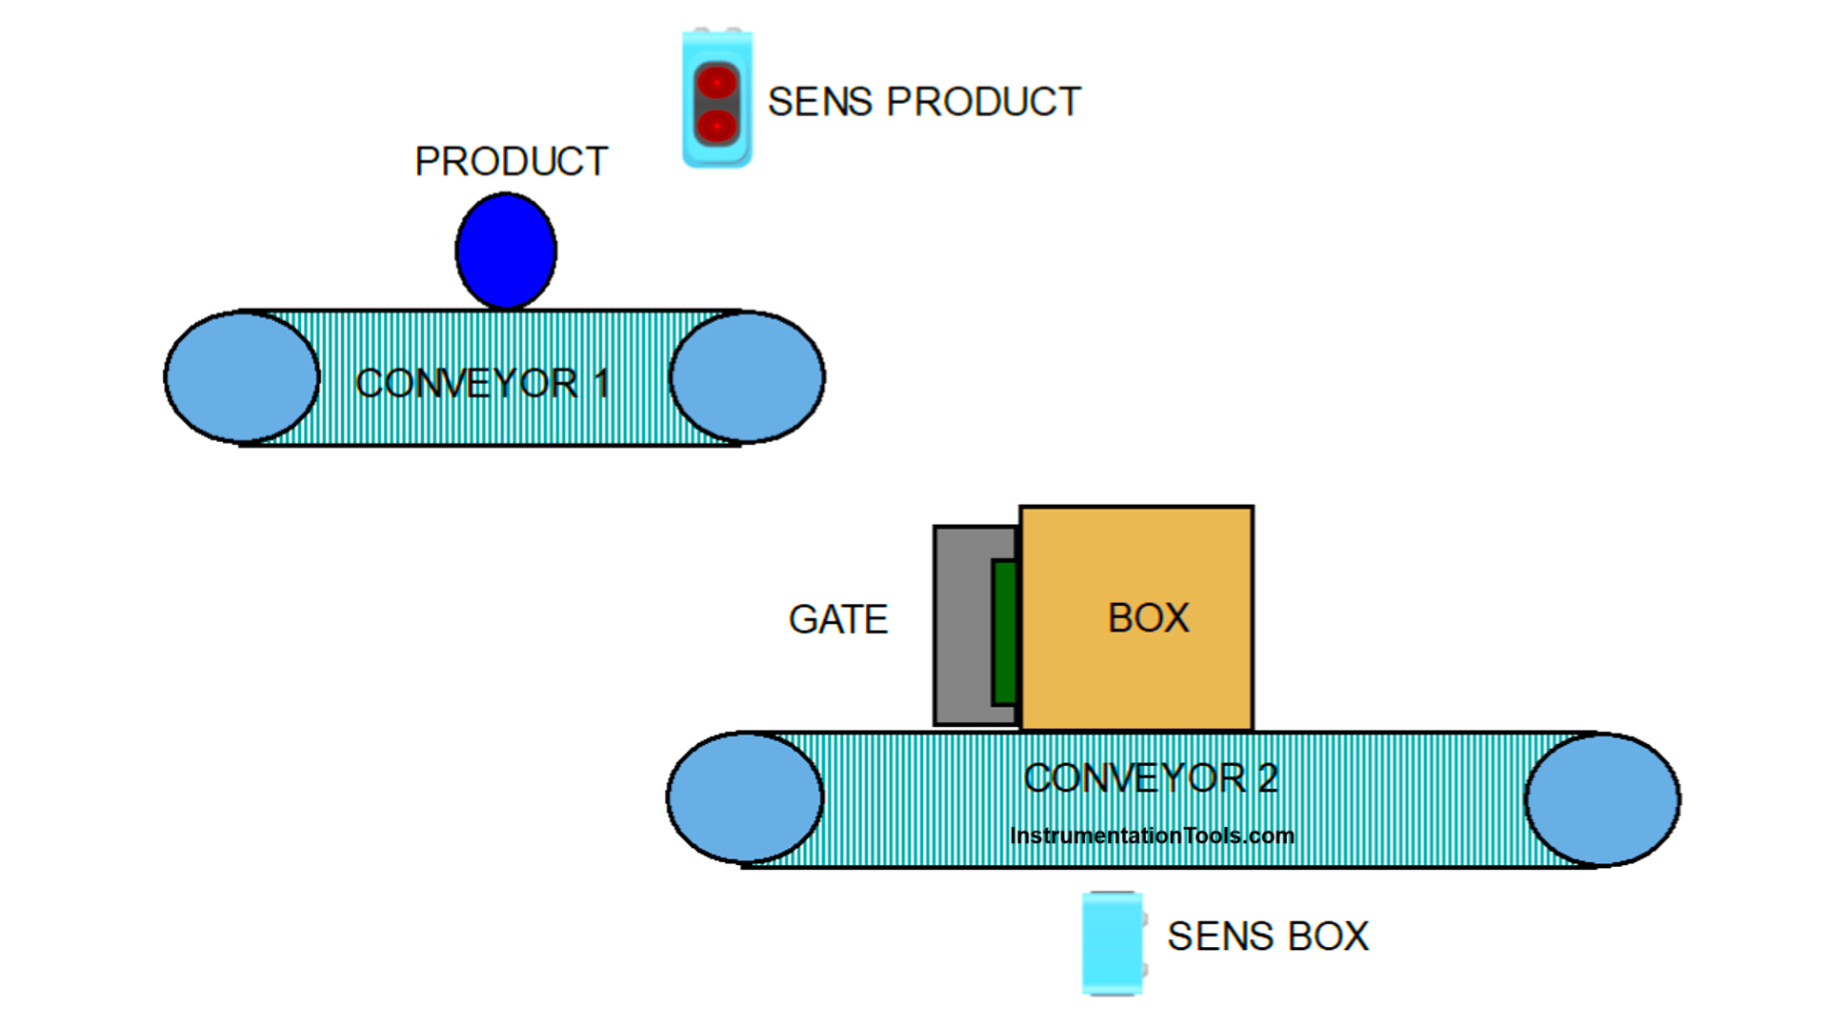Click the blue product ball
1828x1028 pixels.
pos(506,251)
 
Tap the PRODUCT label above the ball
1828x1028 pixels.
pos(511,162)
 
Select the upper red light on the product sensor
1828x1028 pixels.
pos(716,83)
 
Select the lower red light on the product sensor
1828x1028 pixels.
pos(716,125)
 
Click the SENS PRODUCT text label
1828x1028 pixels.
pos(923,102)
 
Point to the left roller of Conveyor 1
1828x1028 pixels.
pos(242,377)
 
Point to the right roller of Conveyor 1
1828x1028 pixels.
pos(747,377)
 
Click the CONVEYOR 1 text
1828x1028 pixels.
pos(481,384)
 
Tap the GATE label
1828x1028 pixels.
pos(837,620)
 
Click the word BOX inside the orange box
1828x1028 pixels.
pos(1148,618)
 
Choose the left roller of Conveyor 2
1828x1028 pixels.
pos(745,798)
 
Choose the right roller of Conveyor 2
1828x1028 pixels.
pos(1602,799)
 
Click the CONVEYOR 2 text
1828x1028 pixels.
pos(1150,778)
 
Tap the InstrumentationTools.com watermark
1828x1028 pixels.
pos(1151,836)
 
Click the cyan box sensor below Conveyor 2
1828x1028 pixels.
pos(1112,943)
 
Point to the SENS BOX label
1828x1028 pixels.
pos(1267,937)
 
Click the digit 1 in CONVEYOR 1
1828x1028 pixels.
pos(601,384)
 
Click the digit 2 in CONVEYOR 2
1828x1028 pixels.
pos(1267,778)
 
